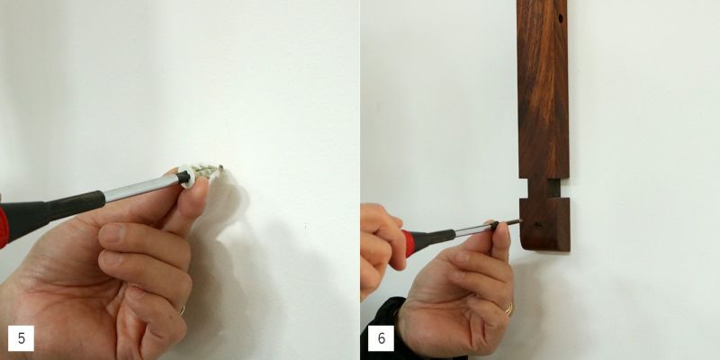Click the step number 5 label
coord(21,338)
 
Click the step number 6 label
coord(381,338)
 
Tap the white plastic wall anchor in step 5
coord(197,174)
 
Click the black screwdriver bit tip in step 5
coord(184,176)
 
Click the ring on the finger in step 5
coord(183,310)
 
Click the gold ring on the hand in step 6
coord(508,309)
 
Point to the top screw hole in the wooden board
coord(561,19)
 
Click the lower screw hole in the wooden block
coord(537,226)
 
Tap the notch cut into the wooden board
coord(544,188)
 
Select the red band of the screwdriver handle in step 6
coord(407,244)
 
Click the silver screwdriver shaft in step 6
coord(473,230)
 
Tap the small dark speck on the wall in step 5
coord(305,227)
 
